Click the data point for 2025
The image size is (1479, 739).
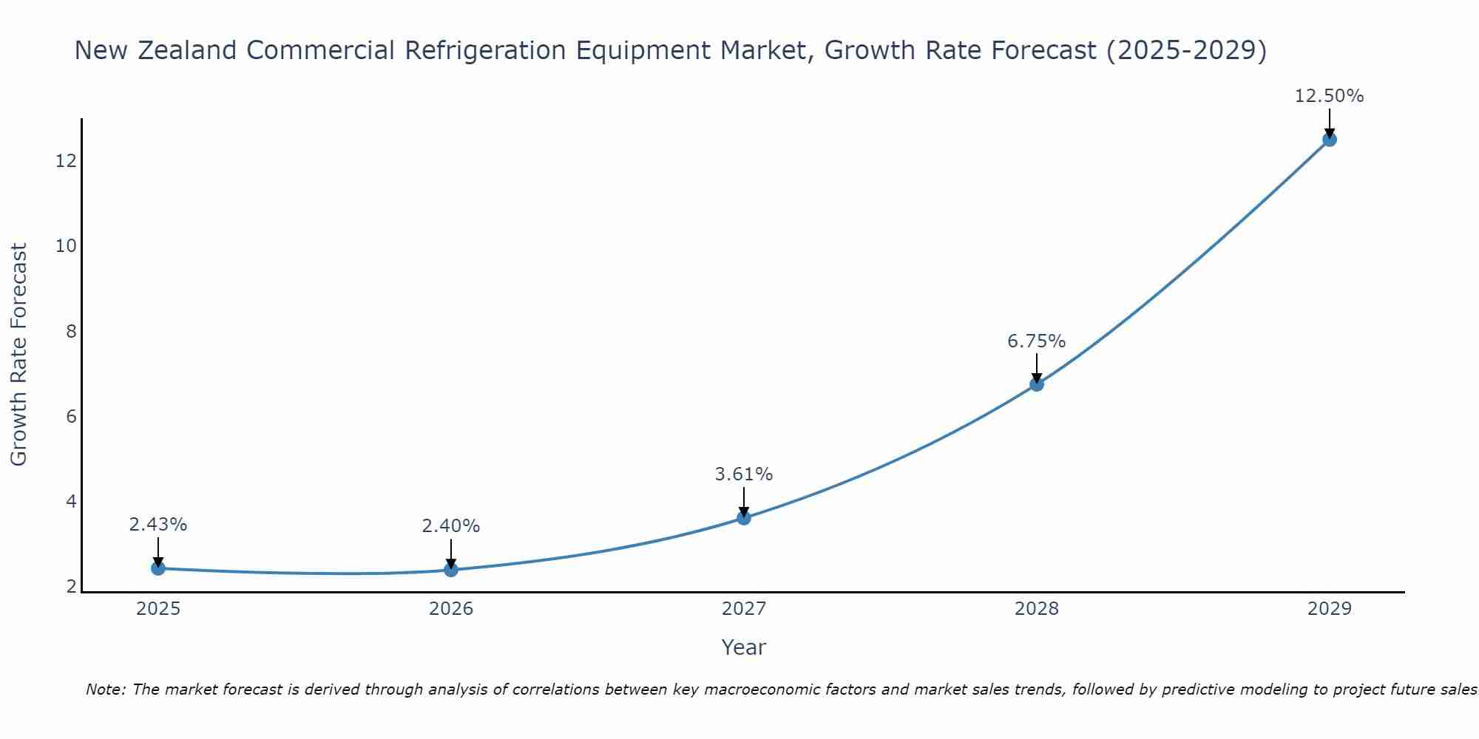(x=158, y=568)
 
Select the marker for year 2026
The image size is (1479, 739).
(x=451, y=570)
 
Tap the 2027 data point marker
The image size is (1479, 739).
(x=744, y=518)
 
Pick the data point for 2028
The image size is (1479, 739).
(x=1037, y=384)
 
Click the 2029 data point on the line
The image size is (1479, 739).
(x=1330, y=140)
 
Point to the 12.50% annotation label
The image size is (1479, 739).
(x=1329, y=96)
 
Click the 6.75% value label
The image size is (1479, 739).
(x=1036, y=341)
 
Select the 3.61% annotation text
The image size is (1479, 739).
(x=743, y=474)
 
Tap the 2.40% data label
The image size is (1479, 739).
(x=450, y=526)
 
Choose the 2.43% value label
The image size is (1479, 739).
(x=158, y=525)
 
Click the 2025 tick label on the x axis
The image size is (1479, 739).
(x=158, y=609)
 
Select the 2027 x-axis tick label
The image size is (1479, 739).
(x=744, y=609)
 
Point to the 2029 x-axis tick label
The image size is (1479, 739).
(x=1330, y=609)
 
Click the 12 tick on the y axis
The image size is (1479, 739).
(x=67, y=160)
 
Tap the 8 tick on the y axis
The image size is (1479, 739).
(x=71, y=331)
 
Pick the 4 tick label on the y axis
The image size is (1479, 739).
(x=71, y=501)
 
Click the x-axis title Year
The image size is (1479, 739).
(x=743, y=647)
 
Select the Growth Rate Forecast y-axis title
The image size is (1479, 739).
(x=18, y=355)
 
